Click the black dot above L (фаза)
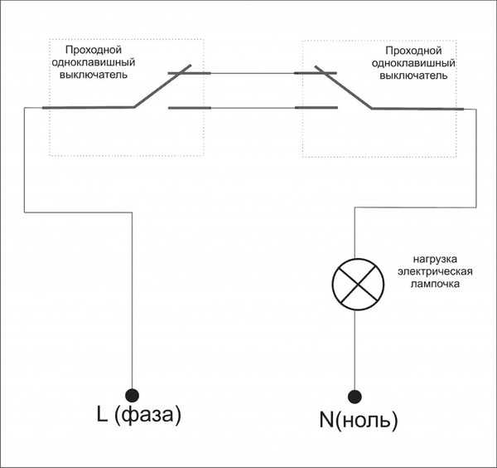[133, 395]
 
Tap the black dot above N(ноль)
[355, 397]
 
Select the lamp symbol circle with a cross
[358, 284]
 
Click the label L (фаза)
[139, 415]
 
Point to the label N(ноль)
[359, 420]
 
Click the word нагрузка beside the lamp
[435, 260]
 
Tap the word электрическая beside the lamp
[435, 271]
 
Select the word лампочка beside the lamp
[435, 284]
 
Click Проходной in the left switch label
[94, 50]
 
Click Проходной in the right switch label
[413, 51]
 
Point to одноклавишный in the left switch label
[94, 62]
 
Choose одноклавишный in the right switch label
[413, 63]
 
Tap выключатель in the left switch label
[94, 75]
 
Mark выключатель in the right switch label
[413, 76]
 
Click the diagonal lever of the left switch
[162, 86]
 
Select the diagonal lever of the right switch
[344, 87]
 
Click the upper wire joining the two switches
[253, 73]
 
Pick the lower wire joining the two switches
[253, 108]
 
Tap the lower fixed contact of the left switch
[190, 108]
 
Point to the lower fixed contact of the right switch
[316, 108]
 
